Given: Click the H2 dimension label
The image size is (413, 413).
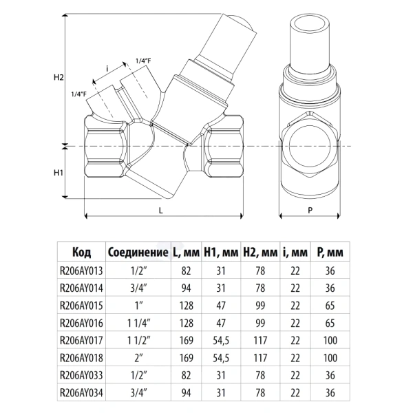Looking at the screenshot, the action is [59, 77].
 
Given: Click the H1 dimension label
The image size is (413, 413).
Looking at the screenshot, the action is [59, 173].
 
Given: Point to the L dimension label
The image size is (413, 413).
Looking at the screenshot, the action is [161, 210].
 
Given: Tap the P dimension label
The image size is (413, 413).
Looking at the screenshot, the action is [310, 210].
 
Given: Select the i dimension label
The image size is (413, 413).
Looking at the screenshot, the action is [107, 68].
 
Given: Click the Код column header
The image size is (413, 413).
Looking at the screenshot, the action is [82, 252].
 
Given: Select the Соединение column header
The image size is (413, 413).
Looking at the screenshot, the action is [138, 252].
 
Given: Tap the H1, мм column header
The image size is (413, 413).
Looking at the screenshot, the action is [221, 252].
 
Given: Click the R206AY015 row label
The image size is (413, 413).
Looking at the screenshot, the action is [81, 306].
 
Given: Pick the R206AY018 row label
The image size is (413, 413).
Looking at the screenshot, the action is [81, 358].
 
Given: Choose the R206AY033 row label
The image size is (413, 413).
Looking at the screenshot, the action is [81, 375].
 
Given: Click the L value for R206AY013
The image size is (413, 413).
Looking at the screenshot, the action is [186, 271].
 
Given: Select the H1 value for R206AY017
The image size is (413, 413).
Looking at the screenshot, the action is [221, 341].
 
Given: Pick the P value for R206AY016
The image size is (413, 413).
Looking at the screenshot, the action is [330, 323].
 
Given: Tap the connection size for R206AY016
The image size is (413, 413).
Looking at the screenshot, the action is [138, 323].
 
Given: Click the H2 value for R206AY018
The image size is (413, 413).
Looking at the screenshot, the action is [260, 358].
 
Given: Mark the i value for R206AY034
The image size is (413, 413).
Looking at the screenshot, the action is [295, 393].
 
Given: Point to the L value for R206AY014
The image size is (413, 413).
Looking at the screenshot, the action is [186, 288].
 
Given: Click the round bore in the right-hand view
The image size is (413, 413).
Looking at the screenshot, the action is [310, 146].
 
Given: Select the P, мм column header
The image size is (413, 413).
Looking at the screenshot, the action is [330, 252].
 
